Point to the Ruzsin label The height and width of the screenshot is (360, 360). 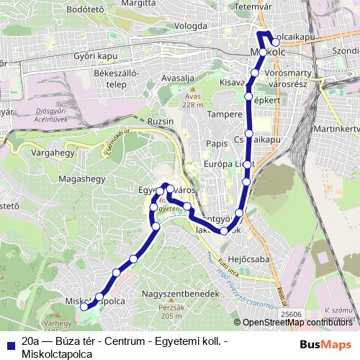[159, 122]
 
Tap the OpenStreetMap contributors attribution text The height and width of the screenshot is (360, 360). [291, 323]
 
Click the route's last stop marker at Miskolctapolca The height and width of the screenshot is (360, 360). [84, 306]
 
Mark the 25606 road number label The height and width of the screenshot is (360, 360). [291, 313]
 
